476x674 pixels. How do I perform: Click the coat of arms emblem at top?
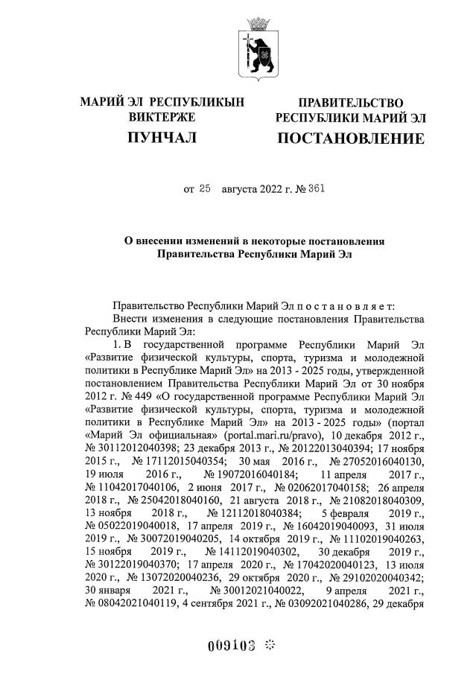(258, 51)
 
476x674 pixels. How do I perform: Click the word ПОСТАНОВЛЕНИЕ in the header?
(351, 139)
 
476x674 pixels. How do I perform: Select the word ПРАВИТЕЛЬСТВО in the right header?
(351, 103)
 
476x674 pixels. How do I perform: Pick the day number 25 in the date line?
(206, 189)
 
